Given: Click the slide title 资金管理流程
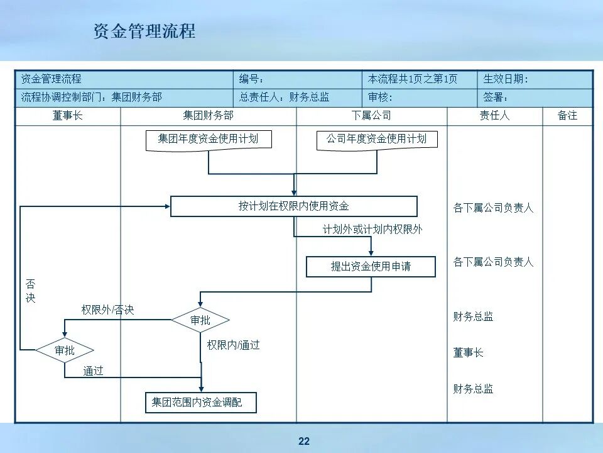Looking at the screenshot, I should click(x=144, y=31).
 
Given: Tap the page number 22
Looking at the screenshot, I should click(x=304, y=441).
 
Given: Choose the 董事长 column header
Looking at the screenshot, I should click(x=67, y=116).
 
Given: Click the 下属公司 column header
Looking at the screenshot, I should click(x=371, y=116).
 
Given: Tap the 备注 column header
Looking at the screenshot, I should click(x=567, y=116).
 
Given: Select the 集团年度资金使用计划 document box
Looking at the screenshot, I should click(x=208, y=139).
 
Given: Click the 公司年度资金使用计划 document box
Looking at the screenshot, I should click(x=376, y=139).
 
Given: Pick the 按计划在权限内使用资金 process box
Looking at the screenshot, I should click(x=293, y=206).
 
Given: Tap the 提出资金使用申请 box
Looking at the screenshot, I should click(x=371, y=266).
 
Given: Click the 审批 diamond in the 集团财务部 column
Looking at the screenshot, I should click(x=200, y=320).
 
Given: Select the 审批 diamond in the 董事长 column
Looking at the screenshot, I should click(x=65, y=350).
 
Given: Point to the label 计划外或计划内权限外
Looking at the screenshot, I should click(x=372, y=230).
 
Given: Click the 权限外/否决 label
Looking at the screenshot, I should click(x=107, y=310).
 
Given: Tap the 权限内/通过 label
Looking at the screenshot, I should click(x=233, y=345).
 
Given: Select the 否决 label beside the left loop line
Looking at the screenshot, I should click(x=30, y=291).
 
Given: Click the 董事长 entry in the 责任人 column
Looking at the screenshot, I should click(x=468, y=353).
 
